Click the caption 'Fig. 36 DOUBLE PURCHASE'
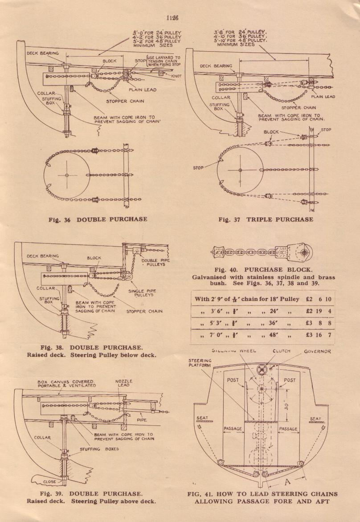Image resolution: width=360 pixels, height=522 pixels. tap(98, 219)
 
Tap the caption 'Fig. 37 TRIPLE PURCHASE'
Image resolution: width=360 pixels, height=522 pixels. tap(266, 219)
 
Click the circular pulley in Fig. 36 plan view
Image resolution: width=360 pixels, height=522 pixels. tap(67, 175)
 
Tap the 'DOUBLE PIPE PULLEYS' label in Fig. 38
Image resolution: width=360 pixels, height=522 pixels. tap(153, 261)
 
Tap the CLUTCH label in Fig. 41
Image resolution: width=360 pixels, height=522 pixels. tap(281, 351)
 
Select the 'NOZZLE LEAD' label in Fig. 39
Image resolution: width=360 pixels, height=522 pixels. tap(124, 383)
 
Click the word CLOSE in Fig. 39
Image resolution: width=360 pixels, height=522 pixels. tap(50, 482)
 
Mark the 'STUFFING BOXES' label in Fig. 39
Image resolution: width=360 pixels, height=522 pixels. tap(99, 449)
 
